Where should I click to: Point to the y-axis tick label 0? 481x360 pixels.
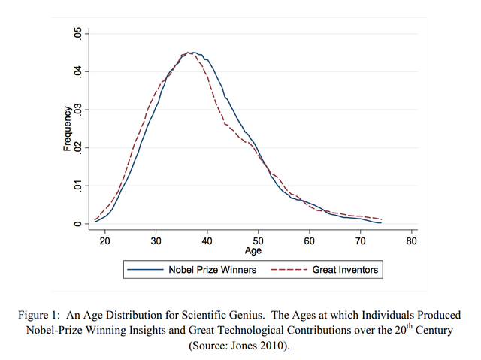(x=76, y=224)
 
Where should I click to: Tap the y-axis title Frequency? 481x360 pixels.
(x=67, y=129)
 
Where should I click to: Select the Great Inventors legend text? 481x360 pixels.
(x=345, y=268)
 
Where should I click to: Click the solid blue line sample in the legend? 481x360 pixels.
(x=146, y=268)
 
